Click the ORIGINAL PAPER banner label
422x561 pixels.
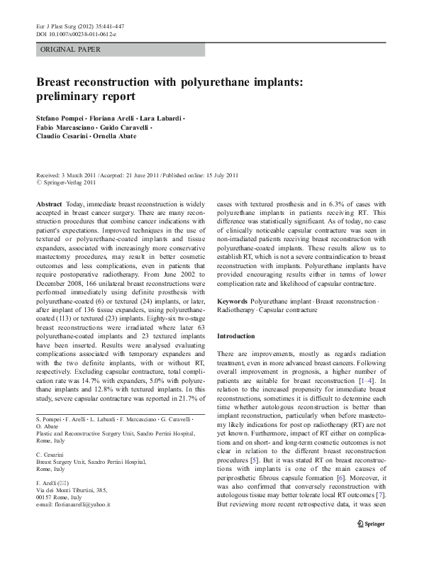(70, 50)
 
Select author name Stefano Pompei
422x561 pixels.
(60, 117)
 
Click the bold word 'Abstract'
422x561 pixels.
(48, 204)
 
